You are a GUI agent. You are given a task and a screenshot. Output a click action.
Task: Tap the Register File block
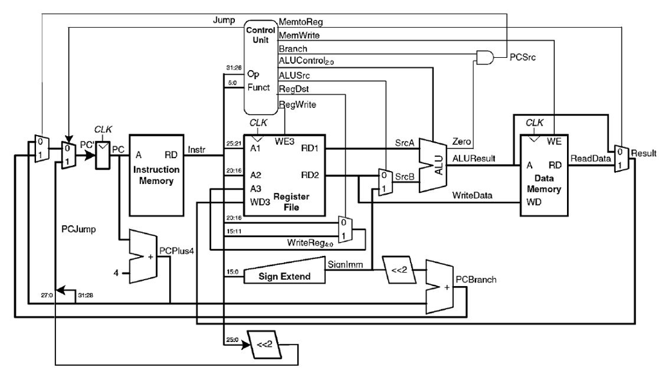click(x=284, y=175)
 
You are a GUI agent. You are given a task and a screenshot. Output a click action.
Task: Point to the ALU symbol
click(x=433, y=165)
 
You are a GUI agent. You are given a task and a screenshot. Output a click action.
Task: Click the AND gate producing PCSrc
click(x=485, y=58)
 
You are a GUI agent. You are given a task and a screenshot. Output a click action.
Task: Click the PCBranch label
click(x=476, y=280)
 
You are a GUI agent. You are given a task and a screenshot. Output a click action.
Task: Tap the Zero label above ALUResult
click(x=462, y=140)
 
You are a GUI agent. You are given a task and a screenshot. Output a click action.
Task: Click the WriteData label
click(x=472, y=194)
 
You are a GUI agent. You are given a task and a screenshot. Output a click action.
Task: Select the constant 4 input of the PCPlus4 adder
click(x=116, y=273)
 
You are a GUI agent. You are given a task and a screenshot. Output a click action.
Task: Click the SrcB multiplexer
click(x=384, y=181)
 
